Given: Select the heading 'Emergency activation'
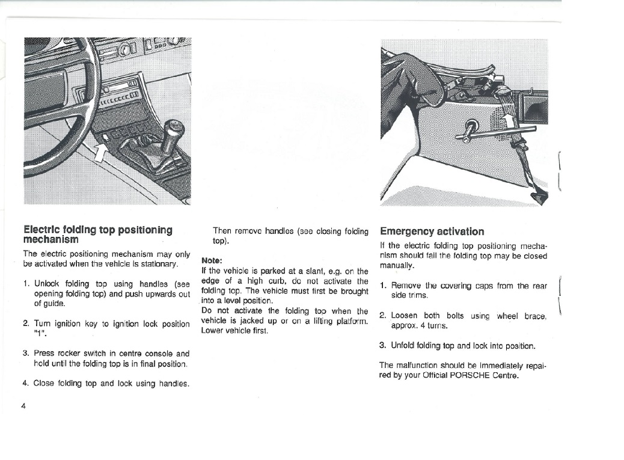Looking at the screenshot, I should [x=432, y=232].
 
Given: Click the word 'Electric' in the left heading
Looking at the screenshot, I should [x=41, y=230].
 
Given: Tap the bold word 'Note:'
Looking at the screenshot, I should [x=212, y=261].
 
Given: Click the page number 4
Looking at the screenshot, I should [x=23, y=405].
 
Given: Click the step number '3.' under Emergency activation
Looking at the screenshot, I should [x=382, y=346].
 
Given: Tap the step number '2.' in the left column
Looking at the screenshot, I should [x=26, y=324].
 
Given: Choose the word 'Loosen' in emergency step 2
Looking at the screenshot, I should [x=404, y=316].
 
